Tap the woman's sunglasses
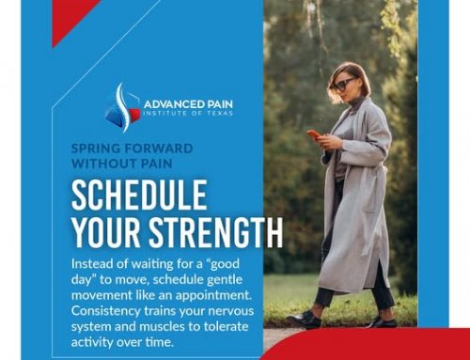tap(341, 84)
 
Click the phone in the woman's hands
tap(314, 136)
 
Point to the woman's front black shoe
tap(307, 320)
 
